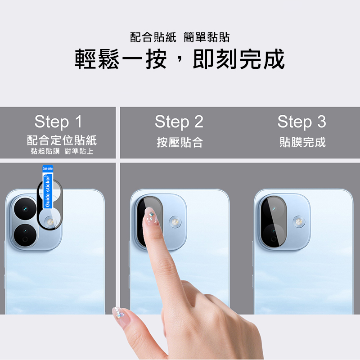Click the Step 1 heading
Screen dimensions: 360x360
(58, 121)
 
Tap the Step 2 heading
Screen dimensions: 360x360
(179, 121)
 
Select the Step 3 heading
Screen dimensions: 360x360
(301, 121)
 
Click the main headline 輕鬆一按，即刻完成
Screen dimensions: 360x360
(180, 59)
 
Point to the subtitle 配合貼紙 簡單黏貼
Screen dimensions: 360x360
(180, 37)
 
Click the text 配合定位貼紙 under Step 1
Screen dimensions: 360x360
(62, 140)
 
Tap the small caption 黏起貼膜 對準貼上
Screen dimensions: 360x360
(62, 151)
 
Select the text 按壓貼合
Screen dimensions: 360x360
(180, 142)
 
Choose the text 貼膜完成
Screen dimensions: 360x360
(302, 142)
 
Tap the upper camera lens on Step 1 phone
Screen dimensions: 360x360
(25, 209)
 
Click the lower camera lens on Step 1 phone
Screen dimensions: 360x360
(25, 235)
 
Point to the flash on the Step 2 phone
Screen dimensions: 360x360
(175, 222)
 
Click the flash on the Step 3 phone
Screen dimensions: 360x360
(299, 222)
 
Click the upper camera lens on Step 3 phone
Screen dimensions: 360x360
(274, 208)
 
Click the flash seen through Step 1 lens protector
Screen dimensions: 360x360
(50, 222)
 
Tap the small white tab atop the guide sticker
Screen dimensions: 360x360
(48, 168)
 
